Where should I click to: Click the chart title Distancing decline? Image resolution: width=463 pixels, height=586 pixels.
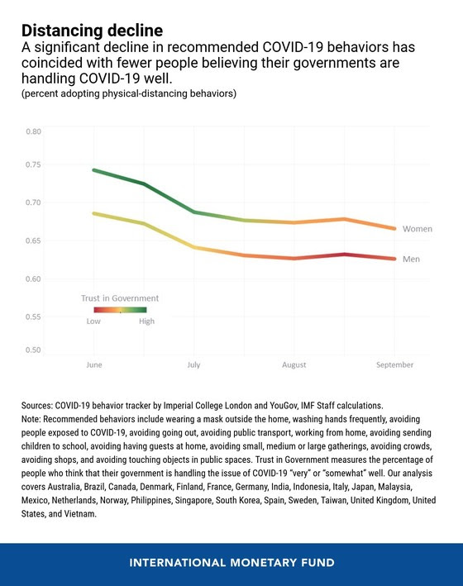click(92, 31)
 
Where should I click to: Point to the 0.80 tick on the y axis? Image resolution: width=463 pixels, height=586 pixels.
click(33, 131)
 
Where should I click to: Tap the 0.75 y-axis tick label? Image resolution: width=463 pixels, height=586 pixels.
click(33, 164)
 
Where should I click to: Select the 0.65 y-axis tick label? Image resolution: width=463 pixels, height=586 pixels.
click(33, 241)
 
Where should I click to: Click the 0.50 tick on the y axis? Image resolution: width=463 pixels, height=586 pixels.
click(33, 350)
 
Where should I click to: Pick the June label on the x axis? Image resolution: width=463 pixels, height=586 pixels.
click(94, 364)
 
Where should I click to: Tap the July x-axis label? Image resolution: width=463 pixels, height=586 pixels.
click(193, 364)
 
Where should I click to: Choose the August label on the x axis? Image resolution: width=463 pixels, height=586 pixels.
click(294, 364)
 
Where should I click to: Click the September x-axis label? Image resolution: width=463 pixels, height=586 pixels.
click(395, 364)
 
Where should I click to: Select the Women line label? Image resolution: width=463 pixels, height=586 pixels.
click(418, 229)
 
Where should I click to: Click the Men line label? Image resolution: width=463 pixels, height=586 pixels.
click(411, 259)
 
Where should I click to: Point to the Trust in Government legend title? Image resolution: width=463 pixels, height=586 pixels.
click(120, 298)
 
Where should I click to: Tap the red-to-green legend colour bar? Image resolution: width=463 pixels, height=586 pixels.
click(120, 310)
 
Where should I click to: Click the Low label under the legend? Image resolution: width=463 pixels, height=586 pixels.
click(93, 322)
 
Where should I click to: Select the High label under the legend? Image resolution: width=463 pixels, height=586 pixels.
click(146, 322)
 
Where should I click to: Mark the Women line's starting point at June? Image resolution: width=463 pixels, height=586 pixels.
click(94, 170)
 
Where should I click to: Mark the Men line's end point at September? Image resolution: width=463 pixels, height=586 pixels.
click(394, 259)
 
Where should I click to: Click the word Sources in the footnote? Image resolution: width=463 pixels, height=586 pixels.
click(37, 406)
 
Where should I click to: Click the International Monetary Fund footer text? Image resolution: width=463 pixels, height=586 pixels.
click(231, 563)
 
